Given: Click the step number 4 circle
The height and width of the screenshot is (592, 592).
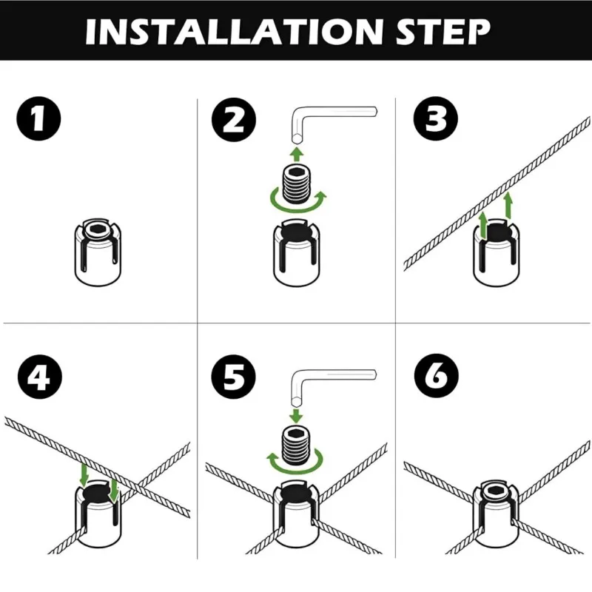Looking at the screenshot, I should tap(38, 377).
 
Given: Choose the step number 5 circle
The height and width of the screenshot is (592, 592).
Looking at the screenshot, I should tap(234, 377).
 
